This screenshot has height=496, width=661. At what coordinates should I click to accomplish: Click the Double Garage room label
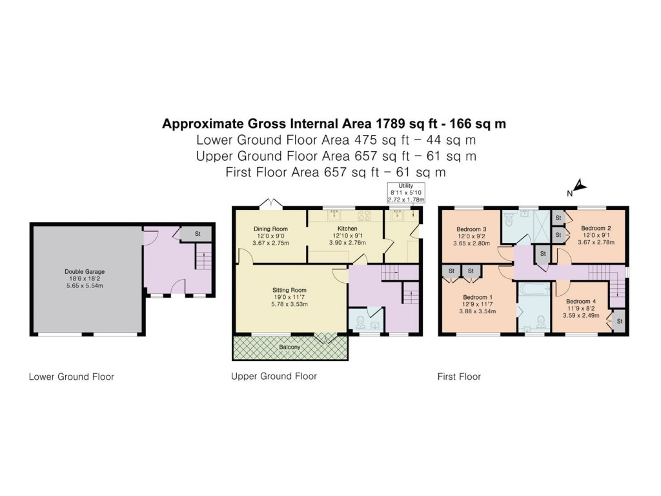click(x=85, y=272)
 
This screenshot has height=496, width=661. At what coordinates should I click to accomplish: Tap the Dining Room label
click(x=270, y=229)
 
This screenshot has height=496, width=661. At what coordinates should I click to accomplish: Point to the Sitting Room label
click(x=289, y=290)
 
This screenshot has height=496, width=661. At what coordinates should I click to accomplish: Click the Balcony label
click(x=290, y=347)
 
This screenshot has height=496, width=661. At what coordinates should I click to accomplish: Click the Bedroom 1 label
click(x=478, y=298)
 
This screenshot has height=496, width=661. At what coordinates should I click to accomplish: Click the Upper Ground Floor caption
click(x=274, y=376)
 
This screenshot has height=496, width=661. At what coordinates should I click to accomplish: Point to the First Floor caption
click(x=460, y=377)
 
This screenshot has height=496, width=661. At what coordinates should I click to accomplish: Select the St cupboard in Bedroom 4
click(x=619, y=321)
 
